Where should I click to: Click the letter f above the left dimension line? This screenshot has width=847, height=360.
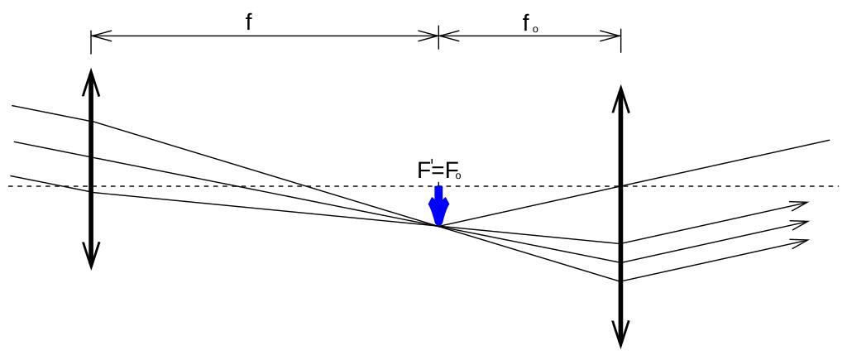248,22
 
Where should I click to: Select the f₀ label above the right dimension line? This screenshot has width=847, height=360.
530,23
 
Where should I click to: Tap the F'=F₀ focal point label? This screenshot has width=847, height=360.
438,171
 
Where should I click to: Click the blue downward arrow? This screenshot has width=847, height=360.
438,207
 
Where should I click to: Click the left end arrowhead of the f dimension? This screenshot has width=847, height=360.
93,36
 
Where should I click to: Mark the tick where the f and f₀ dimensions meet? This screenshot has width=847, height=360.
438,36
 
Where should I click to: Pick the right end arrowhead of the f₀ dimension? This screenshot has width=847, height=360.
618,36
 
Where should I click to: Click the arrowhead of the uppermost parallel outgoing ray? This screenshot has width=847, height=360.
803,203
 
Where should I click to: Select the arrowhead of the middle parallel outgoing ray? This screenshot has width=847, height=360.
803,222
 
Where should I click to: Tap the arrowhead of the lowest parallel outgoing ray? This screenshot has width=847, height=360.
803,241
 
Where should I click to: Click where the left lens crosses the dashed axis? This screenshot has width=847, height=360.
91,186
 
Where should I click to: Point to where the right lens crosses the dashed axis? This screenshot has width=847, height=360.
620,186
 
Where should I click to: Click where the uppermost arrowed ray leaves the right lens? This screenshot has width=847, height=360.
620,243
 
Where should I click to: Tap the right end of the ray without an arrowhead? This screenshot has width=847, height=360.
829,140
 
